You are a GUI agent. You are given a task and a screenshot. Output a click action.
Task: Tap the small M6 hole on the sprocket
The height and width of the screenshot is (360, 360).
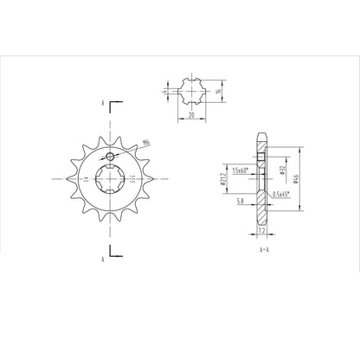click(x=109, y=157)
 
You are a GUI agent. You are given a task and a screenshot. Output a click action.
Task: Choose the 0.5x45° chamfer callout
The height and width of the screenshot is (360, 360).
click(x=281, y=194)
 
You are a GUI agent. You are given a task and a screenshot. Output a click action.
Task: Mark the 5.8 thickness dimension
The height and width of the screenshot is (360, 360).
click(x=239, y=201)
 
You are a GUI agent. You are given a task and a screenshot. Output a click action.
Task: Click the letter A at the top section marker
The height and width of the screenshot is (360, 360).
click(x=105, y=103)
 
